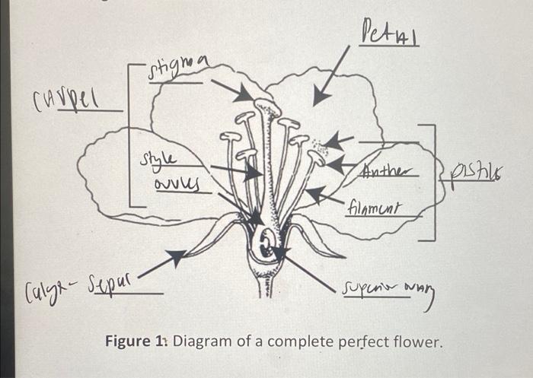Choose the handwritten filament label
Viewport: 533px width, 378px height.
(x=374, y=206)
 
